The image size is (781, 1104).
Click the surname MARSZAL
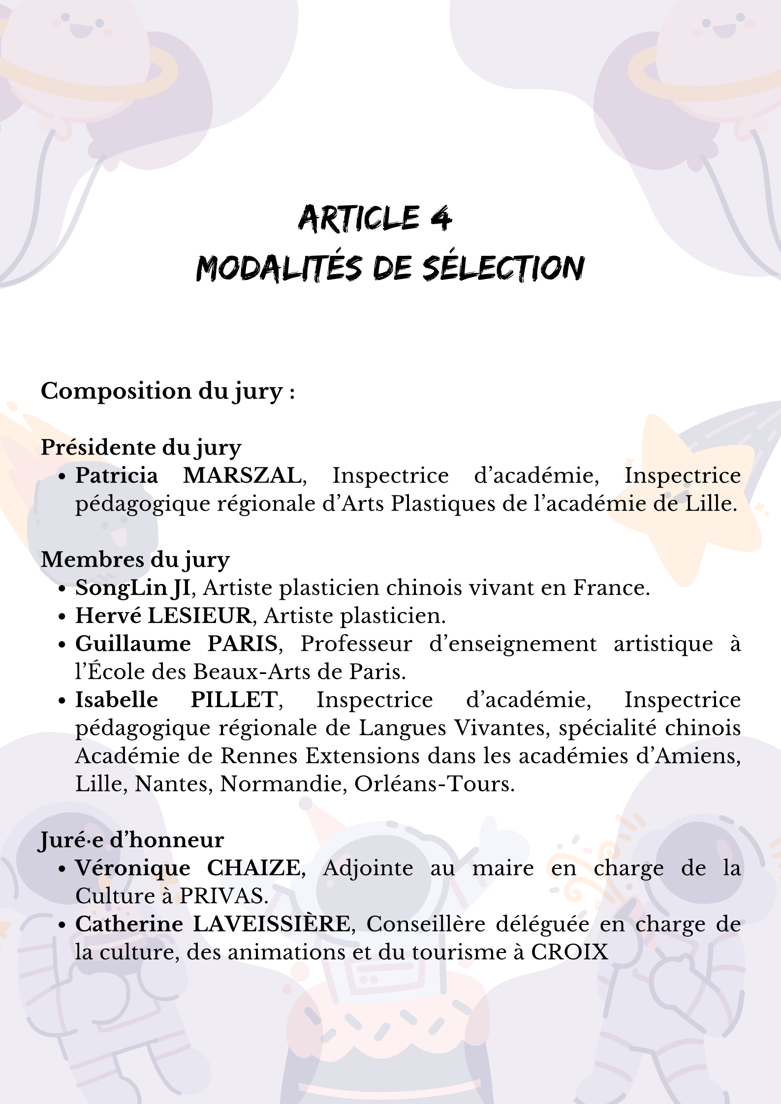[243, 476]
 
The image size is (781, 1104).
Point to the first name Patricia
[117, 476]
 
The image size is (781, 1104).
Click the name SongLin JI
[132, 588]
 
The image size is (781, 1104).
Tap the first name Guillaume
[133, 644]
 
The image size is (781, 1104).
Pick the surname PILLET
[234, 700]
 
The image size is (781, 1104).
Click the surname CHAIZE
[253, 868]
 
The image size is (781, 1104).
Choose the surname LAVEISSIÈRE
[271, 924]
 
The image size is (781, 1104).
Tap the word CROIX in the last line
[569, 952]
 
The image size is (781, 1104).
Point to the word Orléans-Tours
[434, 784]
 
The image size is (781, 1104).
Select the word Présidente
[98, 448]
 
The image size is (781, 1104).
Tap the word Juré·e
[71, 840]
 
